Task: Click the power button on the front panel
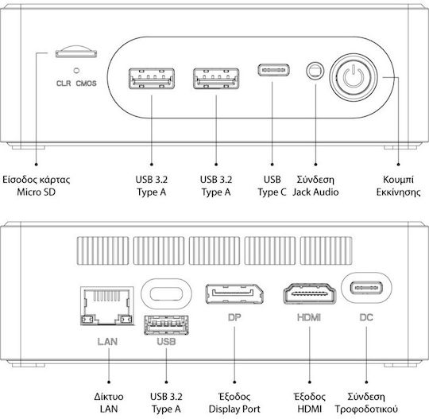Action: click(354, 77)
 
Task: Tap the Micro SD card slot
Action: click(76, 52)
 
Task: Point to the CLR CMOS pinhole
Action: click(76, 71)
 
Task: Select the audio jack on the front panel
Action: click(315, 71)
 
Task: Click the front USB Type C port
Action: click(273, 70)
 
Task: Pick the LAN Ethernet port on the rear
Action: click(107, 305)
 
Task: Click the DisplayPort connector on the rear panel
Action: click(234, 294)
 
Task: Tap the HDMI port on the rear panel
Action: click(310, 294)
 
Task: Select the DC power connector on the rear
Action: click(366, 288)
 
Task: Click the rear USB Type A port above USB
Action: click(166, 325)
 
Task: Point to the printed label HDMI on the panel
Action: click(309, 318)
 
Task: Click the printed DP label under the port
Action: click(234, 317)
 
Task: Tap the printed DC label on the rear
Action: click(366, 318)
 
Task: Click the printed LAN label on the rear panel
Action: click(107, 342)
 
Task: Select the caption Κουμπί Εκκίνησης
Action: click(398, 186)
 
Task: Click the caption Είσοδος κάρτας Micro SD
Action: click(37, 186)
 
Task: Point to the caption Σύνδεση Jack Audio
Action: click(315, 186)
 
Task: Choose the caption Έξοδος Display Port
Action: click(234, 403)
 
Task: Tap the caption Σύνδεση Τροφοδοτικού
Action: click(366, 403)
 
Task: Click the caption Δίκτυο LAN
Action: click(109, 403)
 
